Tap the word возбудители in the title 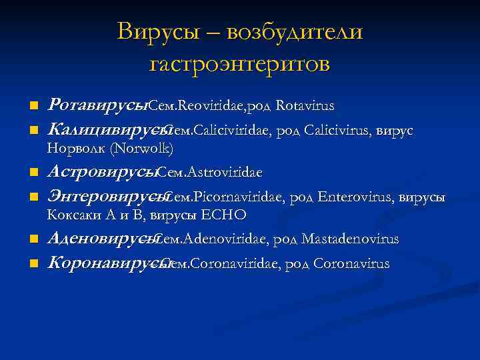[295, 31]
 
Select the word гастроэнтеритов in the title [240, 64]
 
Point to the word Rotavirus [305, 106]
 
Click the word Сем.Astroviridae [211, 173]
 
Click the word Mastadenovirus [350, 239]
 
